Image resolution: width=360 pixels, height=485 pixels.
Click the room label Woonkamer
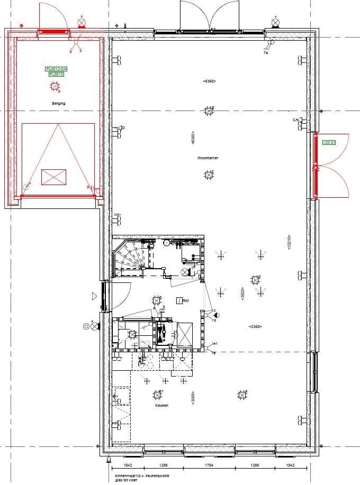(208, 158)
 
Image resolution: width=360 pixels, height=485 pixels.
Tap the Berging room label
(58, 104)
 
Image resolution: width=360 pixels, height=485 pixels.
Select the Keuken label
(161, 406)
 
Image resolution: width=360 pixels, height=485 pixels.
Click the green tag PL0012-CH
(56, 69)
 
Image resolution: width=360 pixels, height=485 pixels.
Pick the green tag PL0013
(56, 75)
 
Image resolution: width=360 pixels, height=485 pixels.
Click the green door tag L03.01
(329, 142)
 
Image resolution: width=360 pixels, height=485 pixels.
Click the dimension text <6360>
(209, 81)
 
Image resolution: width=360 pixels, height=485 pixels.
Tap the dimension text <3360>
(256, 327)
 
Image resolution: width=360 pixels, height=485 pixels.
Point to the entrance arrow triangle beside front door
(95, 296)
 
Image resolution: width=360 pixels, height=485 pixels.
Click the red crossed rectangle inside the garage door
(53, 177)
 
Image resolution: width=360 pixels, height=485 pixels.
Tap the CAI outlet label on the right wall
(295, 121)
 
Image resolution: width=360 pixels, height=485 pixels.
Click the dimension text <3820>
(242, 295)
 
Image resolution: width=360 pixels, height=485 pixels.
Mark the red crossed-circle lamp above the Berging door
(82, 23)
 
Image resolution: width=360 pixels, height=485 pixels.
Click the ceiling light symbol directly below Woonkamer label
(209, 175)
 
